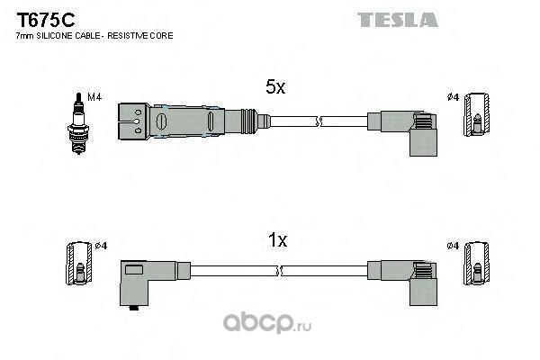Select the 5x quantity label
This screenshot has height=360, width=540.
pos(275,86)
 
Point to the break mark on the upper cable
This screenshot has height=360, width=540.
pos(317,121)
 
